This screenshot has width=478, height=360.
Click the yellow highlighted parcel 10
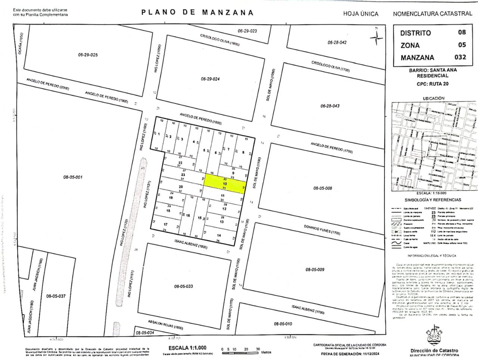tap(224, 184)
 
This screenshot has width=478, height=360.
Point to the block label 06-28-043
tap(330, 106)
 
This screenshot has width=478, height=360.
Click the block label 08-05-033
tap(183, 286)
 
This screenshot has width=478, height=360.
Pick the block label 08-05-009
tap(315, 269)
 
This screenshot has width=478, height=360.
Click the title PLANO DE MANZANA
tap(198, 12)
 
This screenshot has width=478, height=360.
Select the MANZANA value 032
tap(460, 57)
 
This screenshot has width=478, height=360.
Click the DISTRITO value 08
tap(462, 32)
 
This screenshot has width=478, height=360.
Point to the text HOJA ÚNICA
tap(361, 14)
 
